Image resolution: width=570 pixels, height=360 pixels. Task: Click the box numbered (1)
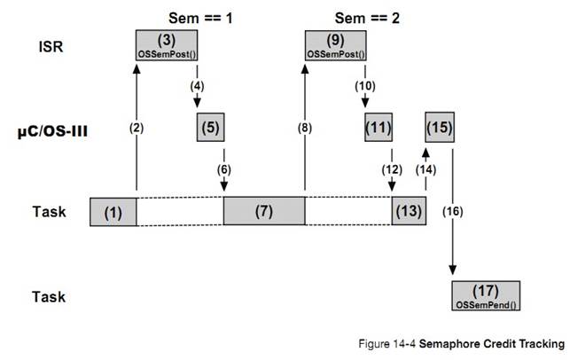click(113, 212)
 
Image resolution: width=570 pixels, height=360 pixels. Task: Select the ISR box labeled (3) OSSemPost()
click(166, 43)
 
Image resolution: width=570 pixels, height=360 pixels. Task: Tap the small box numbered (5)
click(210, 128)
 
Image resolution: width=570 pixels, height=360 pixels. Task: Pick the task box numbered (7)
click(263, 212)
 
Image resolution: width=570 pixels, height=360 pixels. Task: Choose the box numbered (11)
click(379, 128)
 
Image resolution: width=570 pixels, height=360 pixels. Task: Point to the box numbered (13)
click(408, 212)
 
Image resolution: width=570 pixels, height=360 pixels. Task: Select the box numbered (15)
click(441, 128)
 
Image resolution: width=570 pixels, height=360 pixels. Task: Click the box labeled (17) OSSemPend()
click(485, 293)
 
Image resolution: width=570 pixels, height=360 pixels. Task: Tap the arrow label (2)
click(137, 128)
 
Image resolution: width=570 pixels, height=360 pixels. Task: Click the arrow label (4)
click(197, 87)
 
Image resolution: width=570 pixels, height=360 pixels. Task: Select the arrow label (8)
click(304, 128)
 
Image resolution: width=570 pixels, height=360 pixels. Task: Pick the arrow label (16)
click(452, 212)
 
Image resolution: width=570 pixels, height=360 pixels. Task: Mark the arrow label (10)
click(364, 87)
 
